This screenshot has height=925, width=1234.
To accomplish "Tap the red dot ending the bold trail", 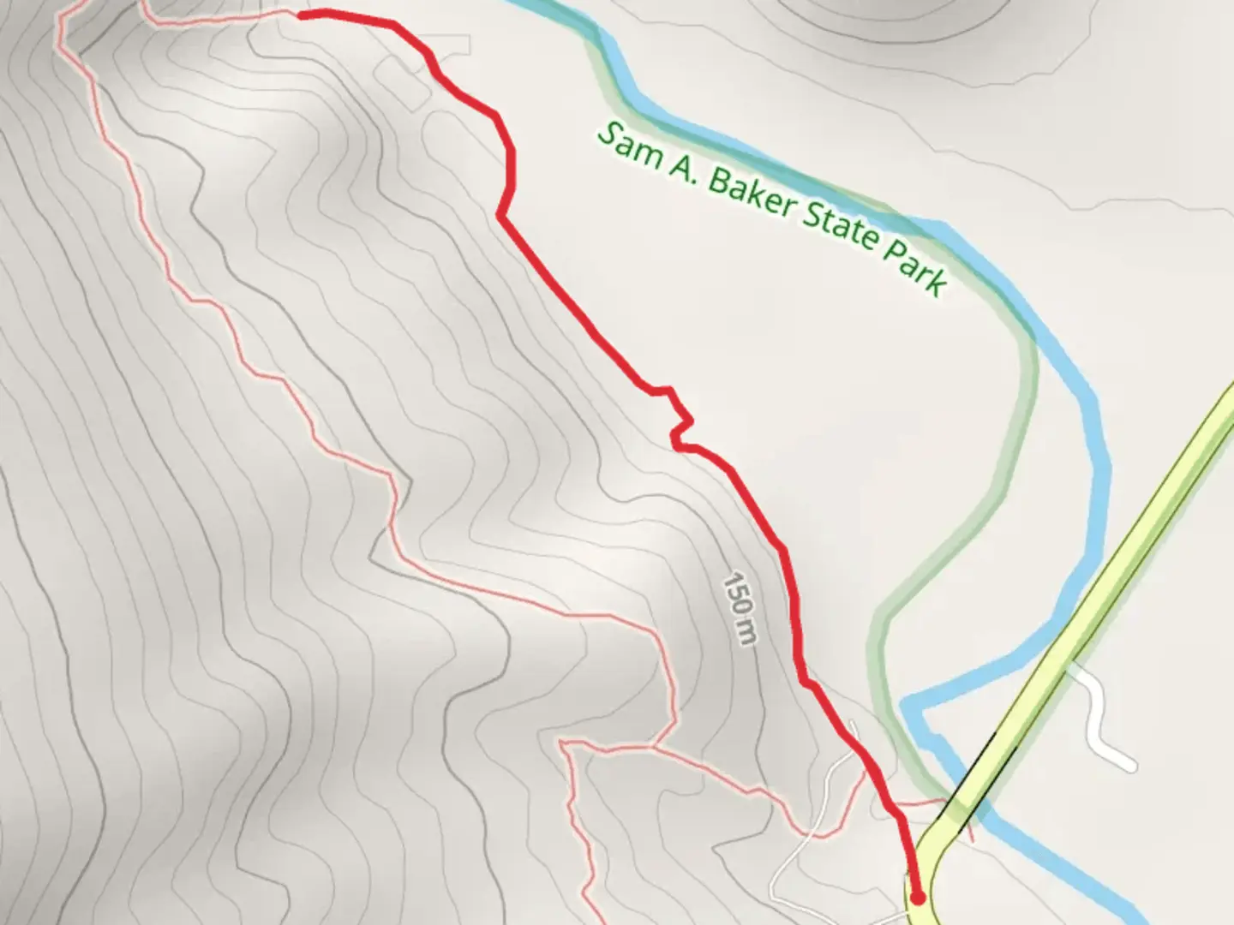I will [918, 898].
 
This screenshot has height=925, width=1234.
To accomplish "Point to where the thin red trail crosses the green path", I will [925, 803].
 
